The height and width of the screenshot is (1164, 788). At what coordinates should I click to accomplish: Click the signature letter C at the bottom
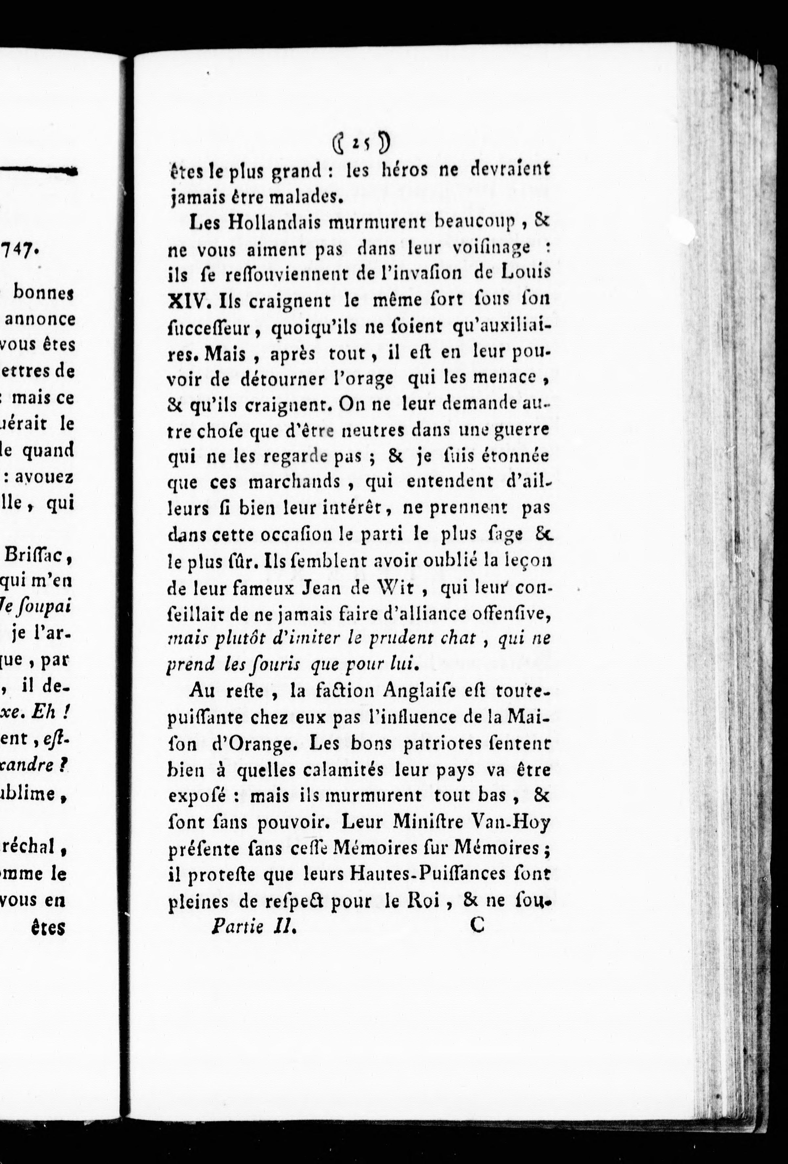click(477, 926)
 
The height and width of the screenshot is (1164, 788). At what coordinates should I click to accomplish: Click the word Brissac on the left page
click(39, 556)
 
